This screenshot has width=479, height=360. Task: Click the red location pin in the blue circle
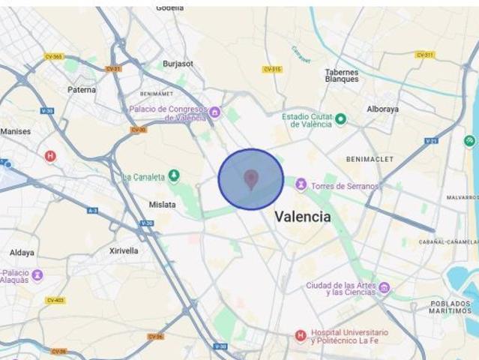click(251, 178)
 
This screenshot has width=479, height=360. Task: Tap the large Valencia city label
click(302, 217)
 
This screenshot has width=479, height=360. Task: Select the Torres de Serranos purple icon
click(301, 184)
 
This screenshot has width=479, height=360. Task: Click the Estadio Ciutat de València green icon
click(340, 118)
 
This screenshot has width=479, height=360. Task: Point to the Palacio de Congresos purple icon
click(215, 112)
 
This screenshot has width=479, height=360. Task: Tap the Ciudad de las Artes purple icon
click(385, 288)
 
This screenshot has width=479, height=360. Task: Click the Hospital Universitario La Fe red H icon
click(301, 335)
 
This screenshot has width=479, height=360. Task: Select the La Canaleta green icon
click(174, 176)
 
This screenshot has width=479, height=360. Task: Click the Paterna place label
click(82, 90)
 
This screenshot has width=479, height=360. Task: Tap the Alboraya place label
click(382, 109)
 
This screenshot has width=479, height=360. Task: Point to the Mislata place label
click(163, 204)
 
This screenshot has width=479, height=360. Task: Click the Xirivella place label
click(124, 251)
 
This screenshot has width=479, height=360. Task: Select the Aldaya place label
click(22, 253)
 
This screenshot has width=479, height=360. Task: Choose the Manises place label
click(16, 131)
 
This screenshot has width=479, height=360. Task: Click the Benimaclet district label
click(365, 159)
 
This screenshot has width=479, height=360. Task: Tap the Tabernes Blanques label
click(341, 76)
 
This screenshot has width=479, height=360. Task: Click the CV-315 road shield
click(272, 69)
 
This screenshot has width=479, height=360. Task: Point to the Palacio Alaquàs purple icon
click(37, 275)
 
